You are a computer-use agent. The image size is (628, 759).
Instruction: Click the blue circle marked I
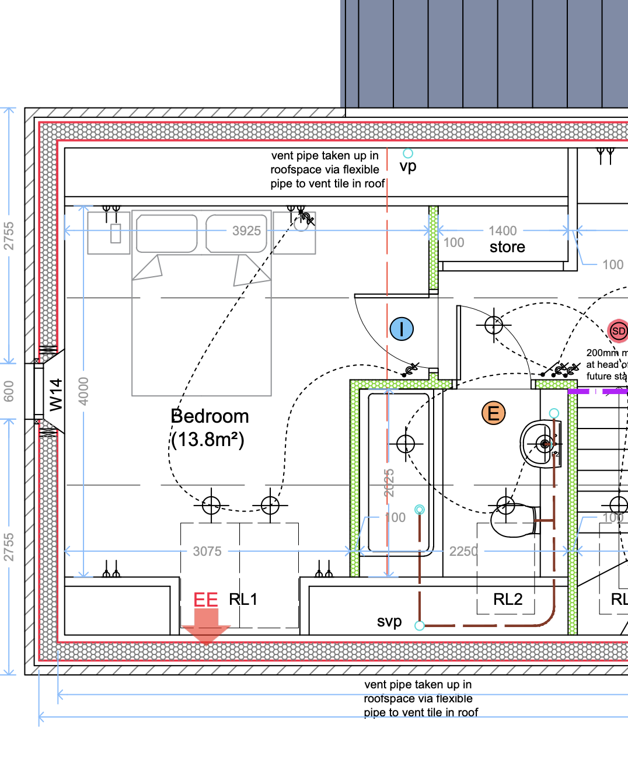coord(402,329)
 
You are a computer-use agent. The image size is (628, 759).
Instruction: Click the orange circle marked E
coord(493,413)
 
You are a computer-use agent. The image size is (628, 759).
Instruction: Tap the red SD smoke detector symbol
coord(618,331)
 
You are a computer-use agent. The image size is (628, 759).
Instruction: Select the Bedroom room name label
coord(210,416)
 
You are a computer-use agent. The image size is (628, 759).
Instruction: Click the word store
coord(507,247)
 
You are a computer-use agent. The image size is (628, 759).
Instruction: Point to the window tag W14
coord(55,395)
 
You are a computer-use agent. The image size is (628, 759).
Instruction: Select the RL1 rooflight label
coord(243,600)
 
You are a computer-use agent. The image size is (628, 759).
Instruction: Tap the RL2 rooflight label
coord(508,600)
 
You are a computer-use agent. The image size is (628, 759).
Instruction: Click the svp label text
coord(389,621)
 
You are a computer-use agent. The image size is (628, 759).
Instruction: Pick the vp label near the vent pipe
coord(408,166)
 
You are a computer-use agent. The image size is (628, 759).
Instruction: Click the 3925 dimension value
coord(246,231)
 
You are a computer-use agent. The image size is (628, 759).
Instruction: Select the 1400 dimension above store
coord(503,231)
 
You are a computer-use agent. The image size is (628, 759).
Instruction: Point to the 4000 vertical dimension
coord(84,391)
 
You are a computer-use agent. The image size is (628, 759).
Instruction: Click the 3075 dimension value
coord(207,551)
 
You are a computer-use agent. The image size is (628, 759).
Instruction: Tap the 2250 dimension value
coord(463,551)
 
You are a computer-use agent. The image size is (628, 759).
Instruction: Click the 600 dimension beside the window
coord(9,391)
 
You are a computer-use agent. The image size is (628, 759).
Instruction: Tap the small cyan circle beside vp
coord(408,153)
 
